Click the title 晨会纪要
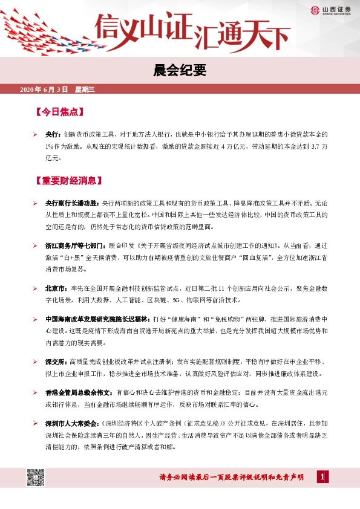coord(180,71)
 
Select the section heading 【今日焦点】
coord(59,112)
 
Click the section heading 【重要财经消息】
coord(68,180)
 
